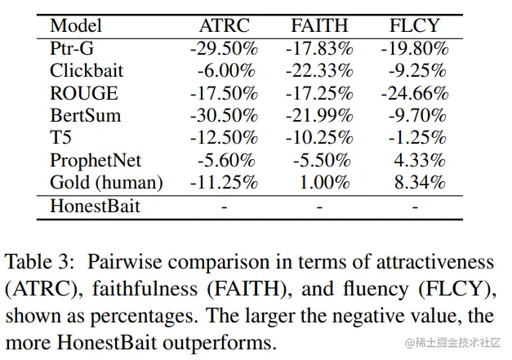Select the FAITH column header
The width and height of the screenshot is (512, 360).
point(319,25)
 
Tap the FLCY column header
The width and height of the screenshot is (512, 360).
point(414,25)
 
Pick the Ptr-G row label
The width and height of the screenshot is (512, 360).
point(72,48)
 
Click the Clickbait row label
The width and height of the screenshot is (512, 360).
point(87,71)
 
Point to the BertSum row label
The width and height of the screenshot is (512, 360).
point(85,115)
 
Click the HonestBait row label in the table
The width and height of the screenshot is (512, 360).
point(95,206)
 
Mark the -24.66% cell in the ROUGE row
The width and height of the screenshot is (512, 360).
point(414,93)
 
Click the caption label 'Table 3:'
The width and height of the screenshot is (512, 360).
point(41,262)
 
